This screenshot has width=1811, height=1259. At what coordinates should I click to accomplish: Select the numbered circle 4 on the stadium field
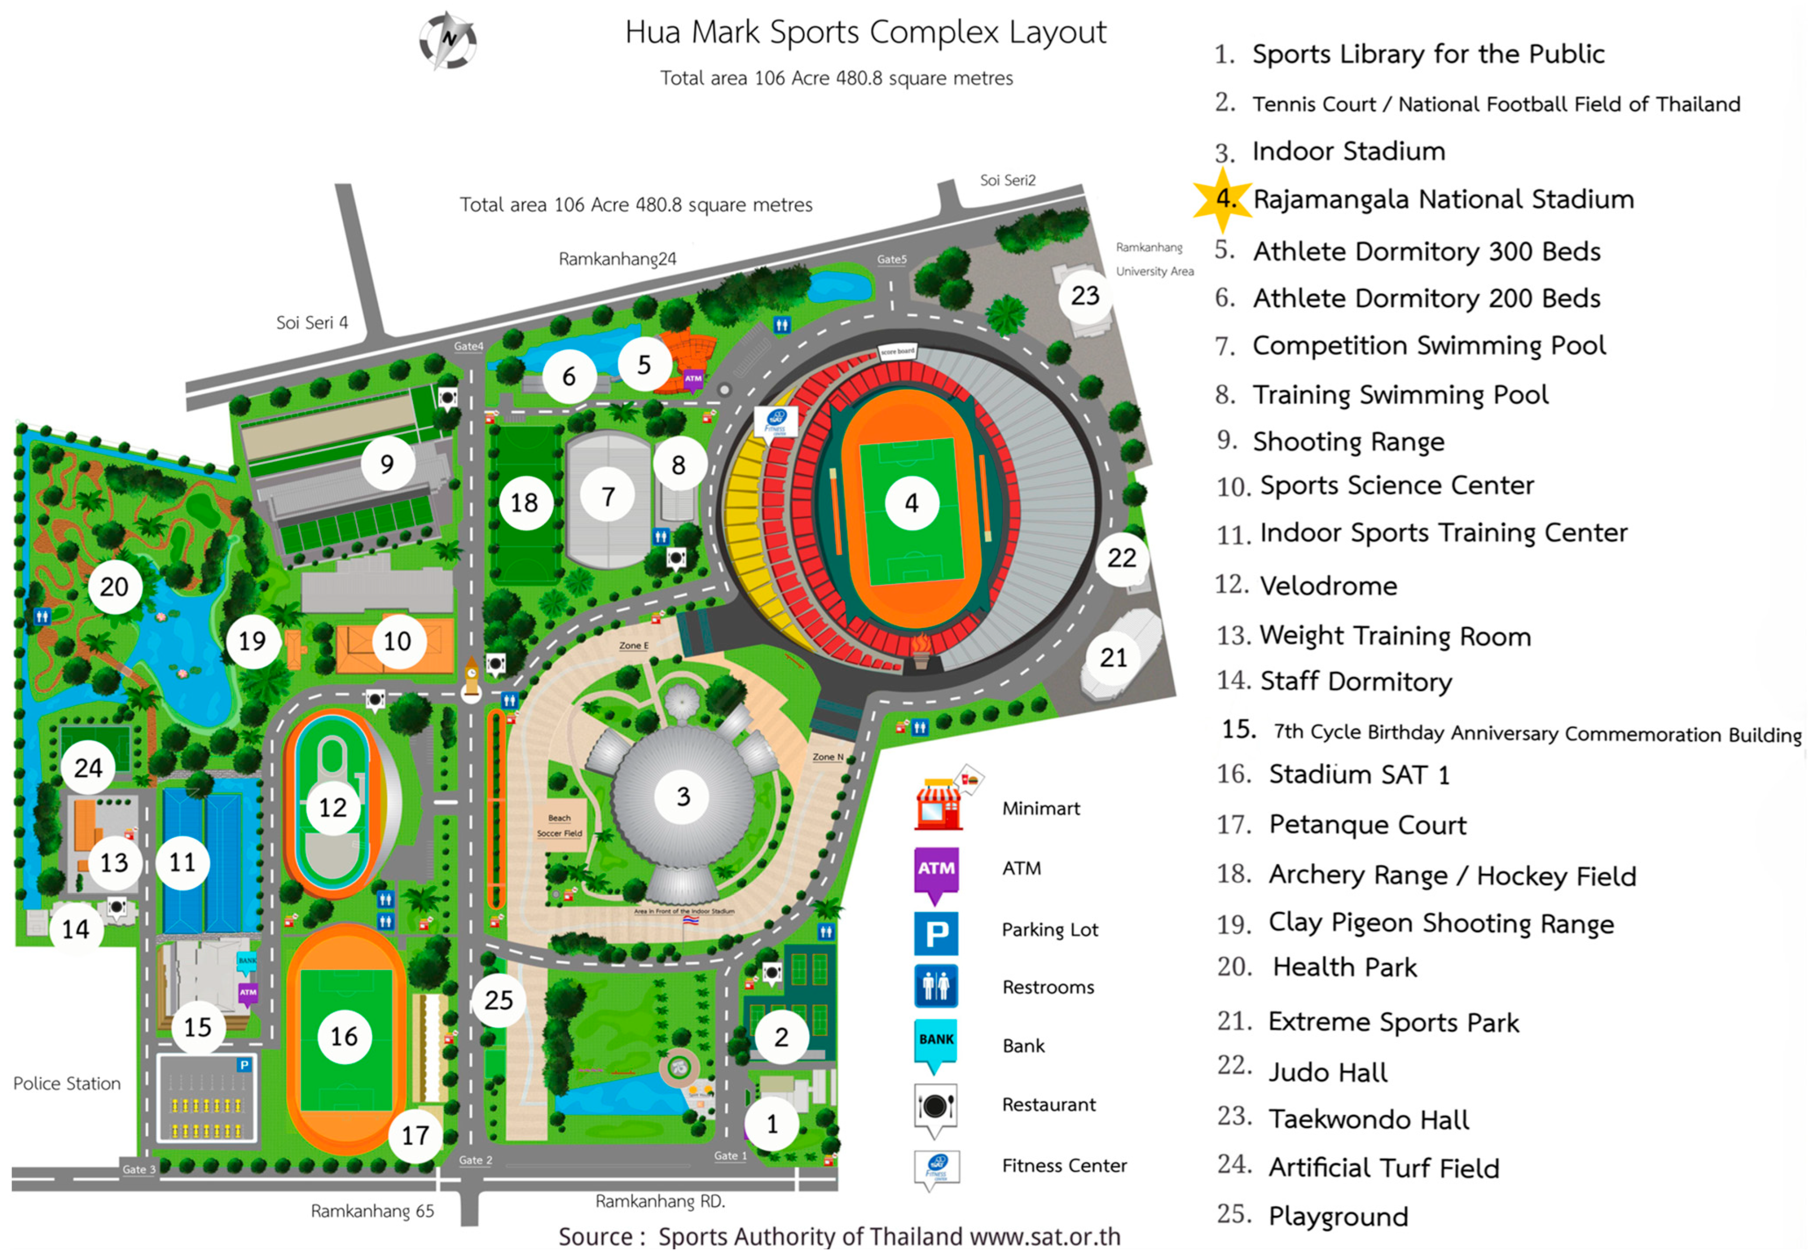(911, 503)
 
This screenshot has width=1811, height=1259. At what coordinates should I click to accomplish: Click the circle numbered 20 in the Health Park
(114, 587)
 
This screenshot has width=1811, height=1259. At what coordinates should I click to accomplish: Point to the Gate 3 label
(139, 1169)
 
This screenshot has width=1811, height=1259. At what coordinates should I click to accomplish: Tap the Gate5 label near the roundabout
(892, 260)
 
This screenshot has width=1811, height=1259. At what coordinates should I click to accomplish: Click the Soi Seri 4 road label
(312, 323)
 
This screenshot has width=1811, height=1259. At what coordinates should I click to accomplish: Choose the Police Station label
(67, 1084)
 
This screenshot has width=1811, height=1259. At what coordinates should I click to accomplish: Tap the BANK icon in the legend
(936, 1043)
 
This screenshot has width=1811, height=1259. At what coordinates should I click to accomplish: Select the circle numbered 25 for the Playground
(499, 1000)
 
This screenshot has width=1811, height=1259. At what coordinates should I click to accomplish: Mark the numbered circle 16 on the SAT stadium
(344, 1036)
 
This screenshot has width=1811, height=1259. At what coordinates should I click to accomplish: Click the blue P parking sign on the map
(244, 1065)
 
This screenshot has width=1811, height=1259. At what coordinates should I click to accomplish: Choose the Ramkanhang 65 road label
(372, 1211)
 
